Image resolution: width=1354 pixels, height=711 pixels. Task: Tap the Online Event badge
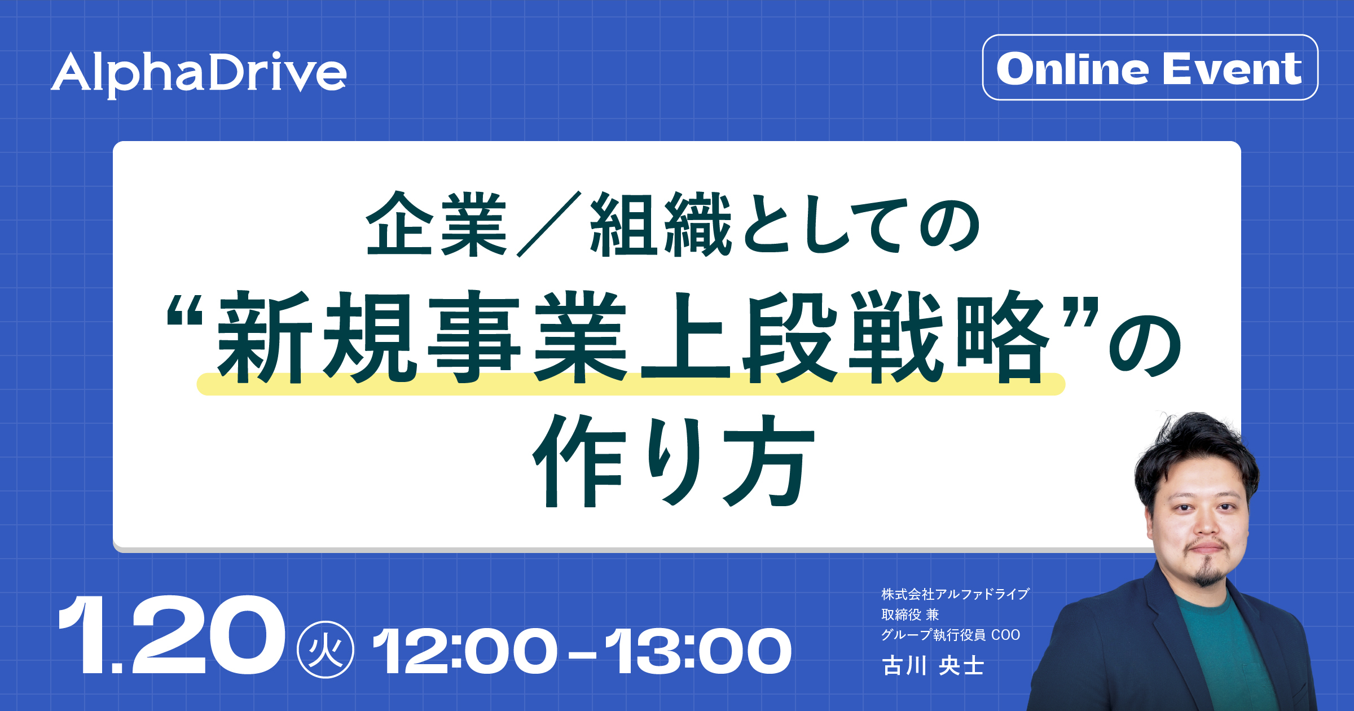point(1150,68)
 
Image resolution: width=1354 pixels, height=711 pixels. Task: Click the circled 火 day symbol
point(326,650)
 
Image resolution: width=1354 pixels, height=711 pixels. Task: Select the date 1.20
point(171,635)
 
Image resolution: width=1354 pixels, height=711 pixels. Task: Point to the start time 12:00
point(465,652)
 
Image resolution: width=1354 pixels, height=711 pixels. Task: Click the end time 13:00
point(698,652)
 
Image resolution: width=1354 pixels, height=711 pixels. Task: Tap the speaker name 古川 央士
point(933,666)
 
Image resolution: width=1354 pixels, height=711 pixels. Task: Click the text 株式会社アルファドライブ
point(956,594)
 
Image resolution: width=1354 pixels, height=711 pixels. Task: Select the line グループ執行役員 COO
point(951,635)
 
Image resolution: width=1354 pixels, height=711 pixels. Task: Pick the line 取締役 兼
point(910,615)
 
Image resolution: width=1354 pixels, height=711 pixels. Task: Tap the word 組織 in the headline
point(661,224)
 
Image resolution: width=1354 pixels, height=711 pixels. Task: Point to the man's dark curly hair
point(1196,451)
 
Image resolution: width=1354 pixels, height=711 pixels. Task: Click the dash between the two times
point(582,655)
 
